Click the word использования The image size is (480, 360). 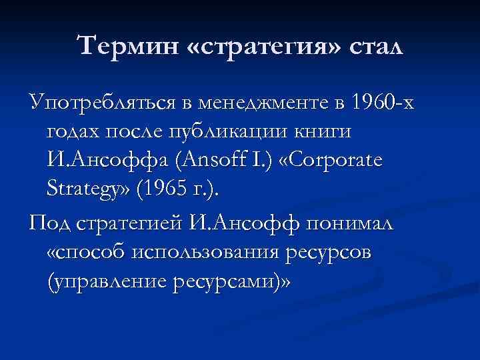(207, 253)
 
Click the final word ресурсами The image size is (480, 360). (230, 281)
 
